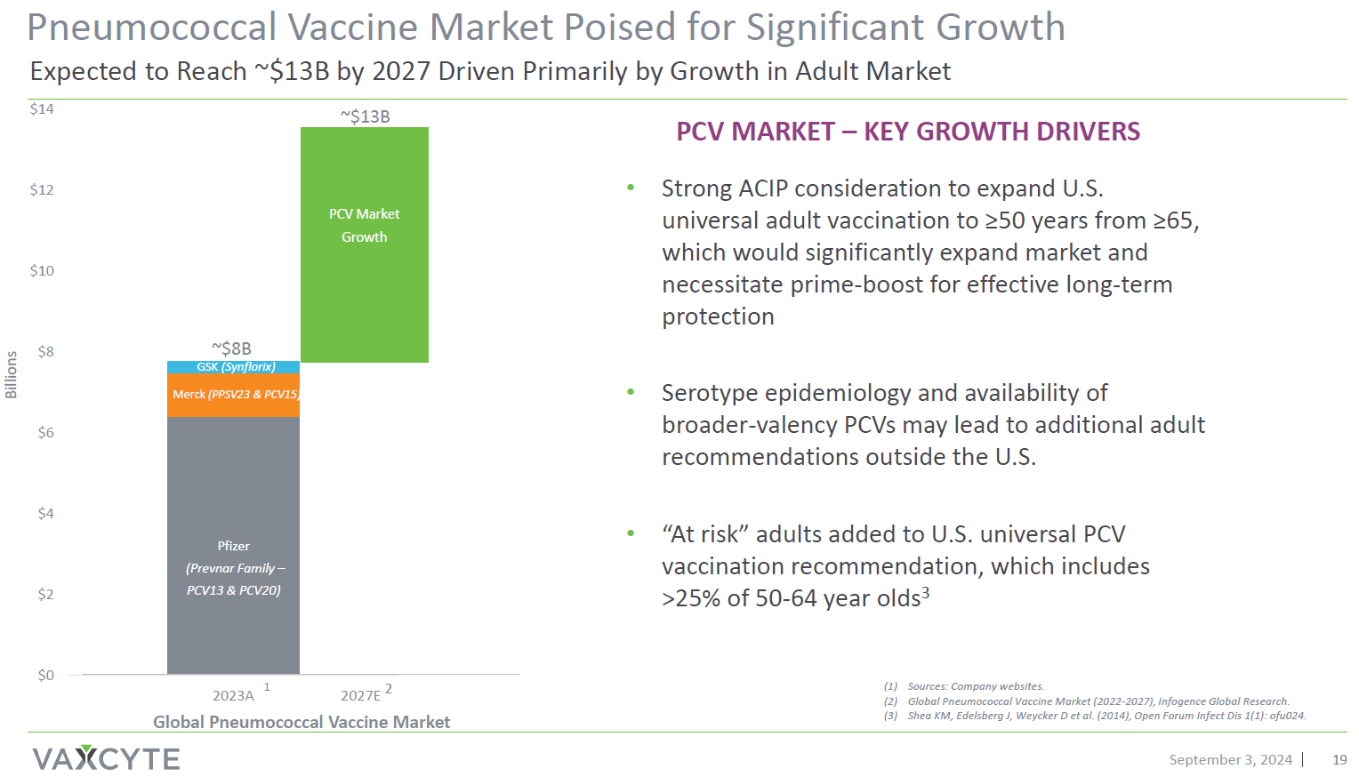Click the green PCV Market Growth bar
pyautogui.click(x=364, y=244)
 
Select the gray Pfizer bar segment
pyautogui.click(x=233, y=544)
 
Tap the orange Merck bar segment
pyautogui.click(x=233, y=395)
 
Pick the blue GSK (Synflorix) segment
pyautogui.click(x=233, y=367)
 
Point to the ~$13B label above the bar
pyautogui.click(x=365, y=116)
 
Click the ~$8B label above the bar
pyautogui.click(x=231, y=348)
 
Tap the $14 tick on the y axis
pyautogui.click(x=42, y=109)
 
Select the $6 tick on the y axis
pyautogui.click(x=45, y=433)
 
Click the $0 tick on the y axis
pyautogui.click(x=45, y=676)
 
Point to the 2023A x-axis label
pyautogui.click(x=233, y=695)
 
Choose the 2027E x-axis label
pyautogui.click(x=360, y=695)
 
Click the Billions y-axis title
pyautogui.click(x=12, y=374)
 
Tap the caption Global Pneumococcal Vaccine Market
pyautogui.click(x=302, y=722)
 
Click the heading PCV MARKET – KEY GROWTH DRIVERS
pyautogui.click(x=907, y=132)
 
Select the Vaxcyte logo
pyautogui.click(x=106, y=758)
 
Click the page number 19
pyautogui.click(x=1339, y=759)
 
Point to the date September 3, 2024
pyautogui.click(x=1230, y=759)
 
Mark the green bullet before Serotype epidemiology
pyautogui.click(x=631, y=392)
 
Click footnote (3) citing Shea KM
pyautogui.click(x=1094, y=716)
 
